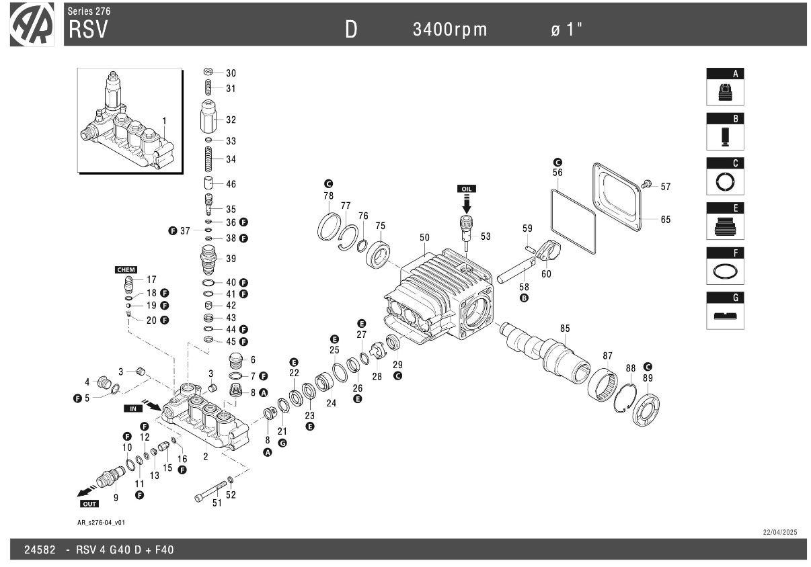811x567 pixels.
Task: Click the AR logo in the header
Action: pos(32,25)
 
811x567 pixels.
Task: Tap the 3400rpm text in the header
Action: pos(450,30)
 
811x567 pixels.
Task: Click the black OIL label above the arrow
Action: pos(466,189)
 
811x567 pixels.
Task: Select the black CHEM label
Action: pos(126,269)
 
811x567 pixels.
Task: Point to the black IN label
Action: pos(132,408)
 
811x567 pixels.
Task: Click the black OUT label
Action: pos(89,503)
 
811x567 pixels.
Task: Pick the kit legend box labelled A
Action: pos(725,87)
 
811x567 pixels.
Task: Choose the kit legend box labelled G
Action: pos(725,310)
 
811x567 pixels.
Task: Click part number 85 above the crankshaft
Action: pos(565,329)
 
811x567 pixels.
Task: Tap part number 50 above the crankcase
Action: pos(424,237)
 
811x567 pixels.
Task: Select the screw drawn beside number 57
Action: pos(648,183)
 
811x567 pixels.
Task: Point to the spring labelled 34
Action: pos(208,159)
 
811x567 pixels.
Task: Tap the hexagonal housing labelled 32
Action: pos(208,118)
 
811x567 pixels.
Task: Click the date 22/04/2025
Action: pos(779,532)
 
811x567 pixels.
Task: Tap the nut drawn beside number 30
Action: pos(208,73)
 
